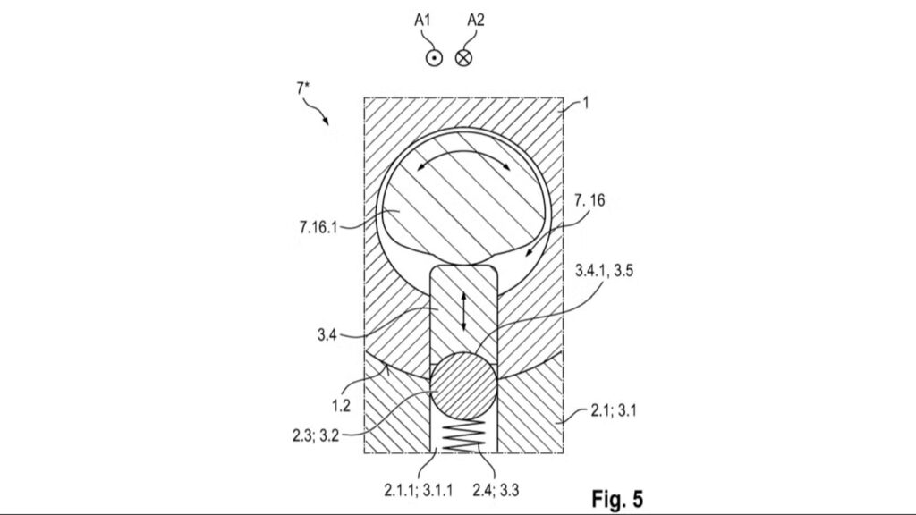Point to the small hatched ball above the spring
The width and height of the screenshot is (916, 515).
[464, 384]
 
